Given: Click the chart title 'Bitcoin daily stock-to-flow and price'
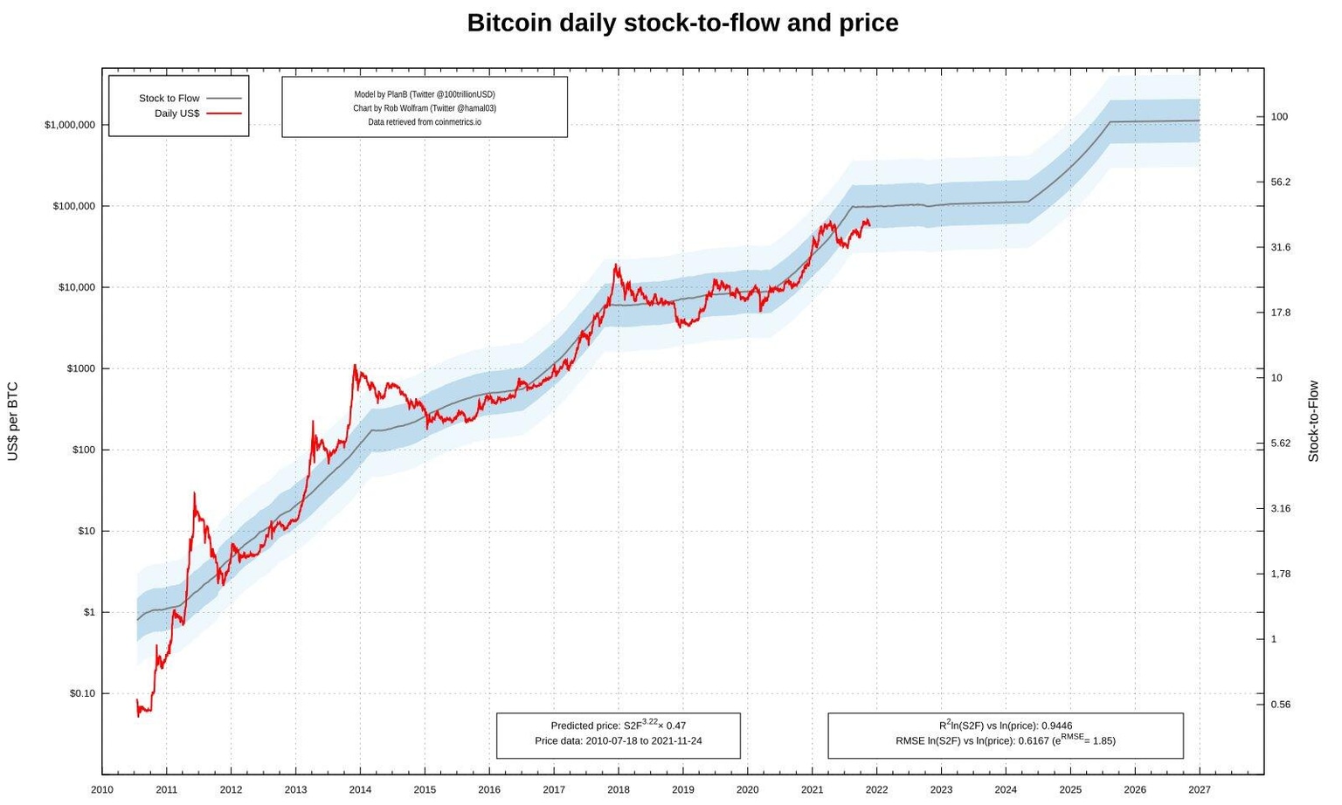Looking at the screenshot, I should (x=682, y=23).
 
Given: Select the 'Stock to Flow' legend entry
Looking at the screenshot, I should (x=169, y=99).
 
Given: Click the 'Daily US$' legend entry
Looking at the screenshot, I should (x=176, y=114).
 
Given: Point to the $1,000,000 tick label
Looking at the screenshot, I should (x=70, y=125).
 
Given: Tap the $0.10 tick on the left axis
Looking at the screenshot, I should (x=82, y=693).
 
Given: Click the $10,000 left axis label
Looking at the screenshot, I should (x=77, y=287).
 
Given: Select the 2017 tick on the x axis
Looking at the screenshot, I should (x=553, y=790).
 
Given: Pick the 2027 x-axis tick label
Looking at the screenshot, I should (x=1199, y=790).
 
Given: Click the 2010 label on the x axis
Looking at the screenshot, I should (x=102, y=790).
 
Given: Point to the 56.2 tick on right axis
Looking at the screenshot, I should (x=1280, y=182).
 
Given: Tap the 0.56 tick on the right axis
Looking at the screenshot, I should (x=1280, y=705).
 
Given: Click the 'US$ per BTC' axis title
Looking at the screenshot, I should (x=13, y=421).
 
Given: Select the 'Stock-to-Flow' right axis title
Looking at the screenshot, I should (x=1313, y=421).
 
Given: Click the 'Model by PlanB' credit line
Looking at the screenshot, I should (x=425, y=94).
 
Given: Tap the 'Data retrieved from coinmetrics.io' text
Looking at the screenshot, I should (x=425, y=122).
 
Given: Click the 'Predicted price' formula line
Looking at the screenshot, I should (x=618, y=726).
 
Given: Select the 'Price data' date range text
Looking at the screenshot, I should (x=618, y=741).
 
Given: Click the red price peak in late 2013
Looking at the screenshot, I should (x=355, y=366).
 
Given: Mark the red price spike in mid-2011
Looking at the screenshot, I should (x=194, y=494).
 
